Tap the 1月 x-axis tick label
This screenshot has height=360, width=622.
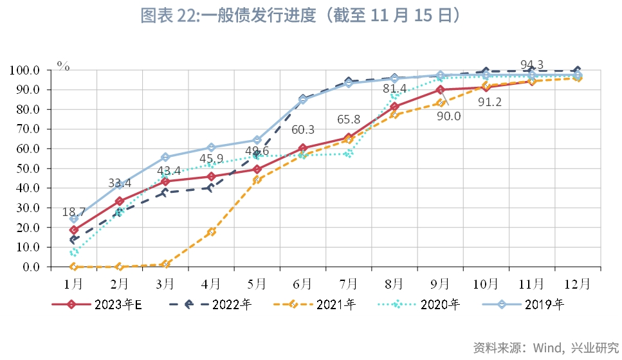[73, 283]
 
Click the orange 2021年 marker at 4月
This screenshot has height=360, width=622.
[211, 232]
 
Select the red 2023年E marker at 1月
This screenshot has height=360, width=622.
[74, 230]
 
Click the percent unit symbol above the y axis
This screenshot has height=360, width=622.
[63, 64]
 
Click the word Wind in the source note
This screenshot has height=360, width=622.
[543, 348]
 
